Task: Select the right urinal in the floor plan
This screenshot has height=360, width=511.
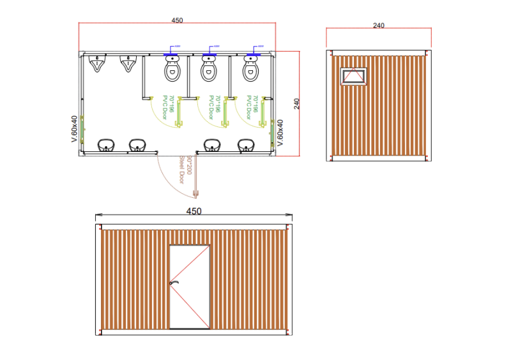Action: pyautogui.click(x=129, y=64)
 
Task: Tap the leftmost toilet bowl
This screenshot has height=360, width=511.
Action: pyautogui.click(x=172, y=71)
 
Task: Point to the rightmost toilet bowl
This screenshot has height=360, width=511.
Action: pyautogui.click(x=251, y=70)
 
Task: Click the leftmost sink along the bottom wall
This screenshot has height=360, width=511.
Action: pyautogui.click(x=106, y=146)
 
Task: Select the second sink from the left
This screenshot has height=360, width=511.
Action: pyautogui.click(x=137, y=146)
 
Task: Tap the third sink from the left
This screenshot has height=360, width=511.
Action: pyautogui.click(x=212, y=146)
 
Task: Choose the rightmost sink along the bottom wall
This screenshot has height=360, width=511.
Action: pyautogui.click(x=247, y=146)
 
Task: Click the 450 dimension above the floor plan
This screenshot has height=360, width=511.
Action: pyautogui.click(x=178, y=20)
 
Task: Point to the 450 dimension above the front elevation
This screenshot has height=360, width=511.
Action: pyautogui.click(x=194, y=211)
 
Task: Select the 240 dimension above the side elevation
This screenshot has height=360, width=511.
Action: pyautogui.click(x=378, y=26)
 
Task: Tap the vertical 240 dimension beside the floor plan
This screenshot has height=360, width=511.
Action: pyautogui.click(x=297, y=104)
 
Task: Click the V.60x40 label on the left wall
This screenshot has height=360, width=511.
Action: pyautogui.click(x=74, y=128)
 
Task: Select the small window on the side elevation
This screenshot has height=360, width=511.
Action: pyautogui.click(x=353, y=76)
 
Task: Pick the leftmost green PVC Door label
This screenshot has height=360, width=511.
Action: pyautogui.click(x=167, y=107)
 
